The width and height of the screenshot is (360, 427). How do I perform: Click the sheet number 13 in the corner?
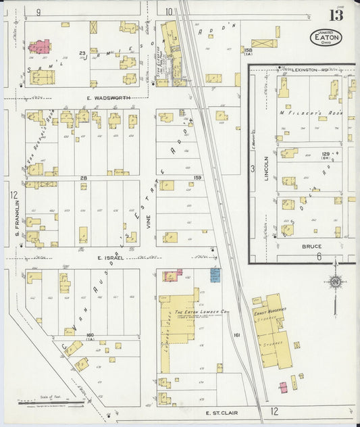[x=336, y=15]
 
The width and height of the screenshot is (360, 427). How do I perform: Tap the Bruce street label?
[x=311, y=247]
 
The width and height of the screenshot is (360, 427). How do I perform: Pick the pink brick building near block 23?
[x=40, y=47]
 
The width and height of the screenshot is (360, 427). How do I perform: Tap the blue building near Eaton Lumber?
[x=215, y=274]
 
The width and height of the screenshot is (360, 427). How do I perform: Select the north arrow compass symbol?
[x=334, y=282]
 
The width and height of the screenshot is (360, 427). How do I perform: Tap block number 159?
[x=197, y=178]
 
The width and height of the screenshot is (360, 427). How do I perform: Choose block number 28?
[x=83, y=178]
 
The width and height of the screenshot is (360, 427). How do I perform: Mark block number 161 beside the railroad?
[x=236, y=334]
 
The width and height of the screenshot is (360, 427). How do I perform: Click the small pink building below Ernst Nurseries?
[x=284, y=386]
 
